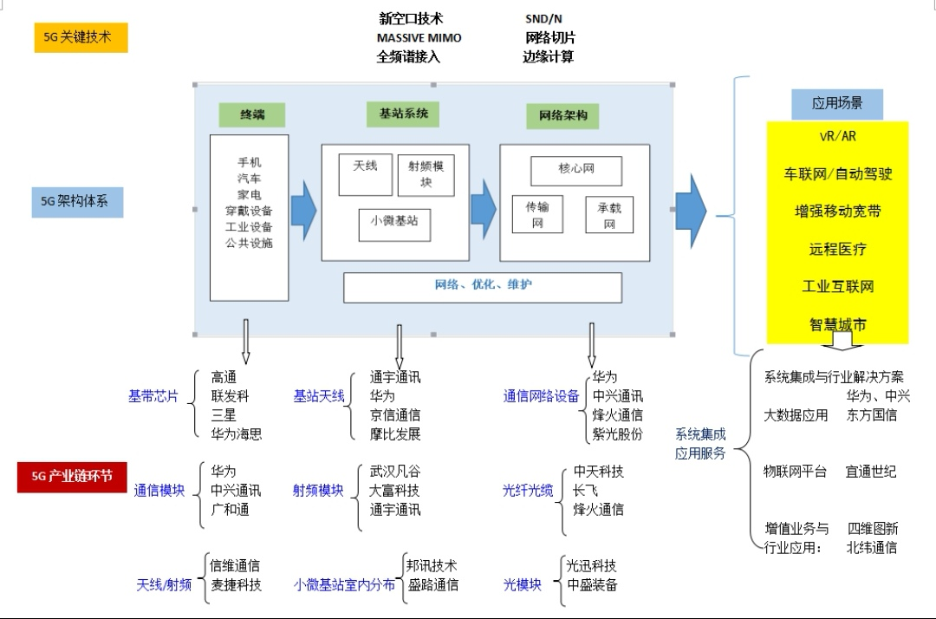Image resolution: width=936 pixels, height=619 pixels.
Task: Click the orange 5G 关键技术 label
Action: click(80, 37)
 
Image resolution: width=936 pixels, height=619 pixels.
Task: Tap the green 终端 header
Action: click(252, 114)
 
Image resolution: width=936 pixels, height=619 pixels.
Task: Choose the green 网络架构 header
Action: click(562, 116)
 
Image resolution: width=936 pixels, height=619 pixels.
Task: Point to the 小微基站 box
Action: click(394, 222)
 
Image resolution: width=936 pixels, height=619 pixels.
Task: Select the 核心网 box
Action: click(576, 170)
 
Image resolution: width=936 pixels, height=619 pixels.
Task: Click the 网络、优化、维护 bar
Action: click(483, 286)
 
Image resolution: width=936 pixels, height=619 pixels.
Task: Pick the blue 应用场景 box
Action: click(836, 104)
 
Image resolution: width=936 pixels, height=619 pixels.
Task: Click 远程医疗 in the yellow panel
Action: click(837, 249)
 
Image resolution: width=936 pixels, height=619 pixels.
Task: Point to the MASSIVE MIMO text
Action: click(419, 38)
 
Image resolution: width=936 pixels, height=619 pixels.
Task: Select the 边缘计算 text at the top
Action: click(548, 57)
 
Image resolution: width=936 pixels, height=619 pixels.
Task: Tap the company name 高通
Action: click(224, 377)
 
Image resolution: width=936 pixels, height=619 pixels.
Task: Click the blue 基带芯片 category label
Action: click(153, 396)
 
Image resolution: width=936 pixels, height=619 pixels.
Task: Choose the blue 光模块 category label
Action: click(523, 585)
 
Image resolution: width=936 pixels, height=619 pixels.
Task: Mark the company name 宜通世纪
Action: click(871, 472)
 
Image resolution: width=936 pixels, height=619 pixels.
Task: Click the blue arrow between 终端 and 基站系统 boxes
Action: click(303, 208)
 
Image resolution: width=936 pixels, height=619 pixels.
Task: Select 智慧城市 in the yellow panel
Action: click(837, 325)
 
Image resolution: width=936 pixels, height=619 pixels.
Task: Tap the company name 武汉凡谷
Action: click(394, 472)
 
